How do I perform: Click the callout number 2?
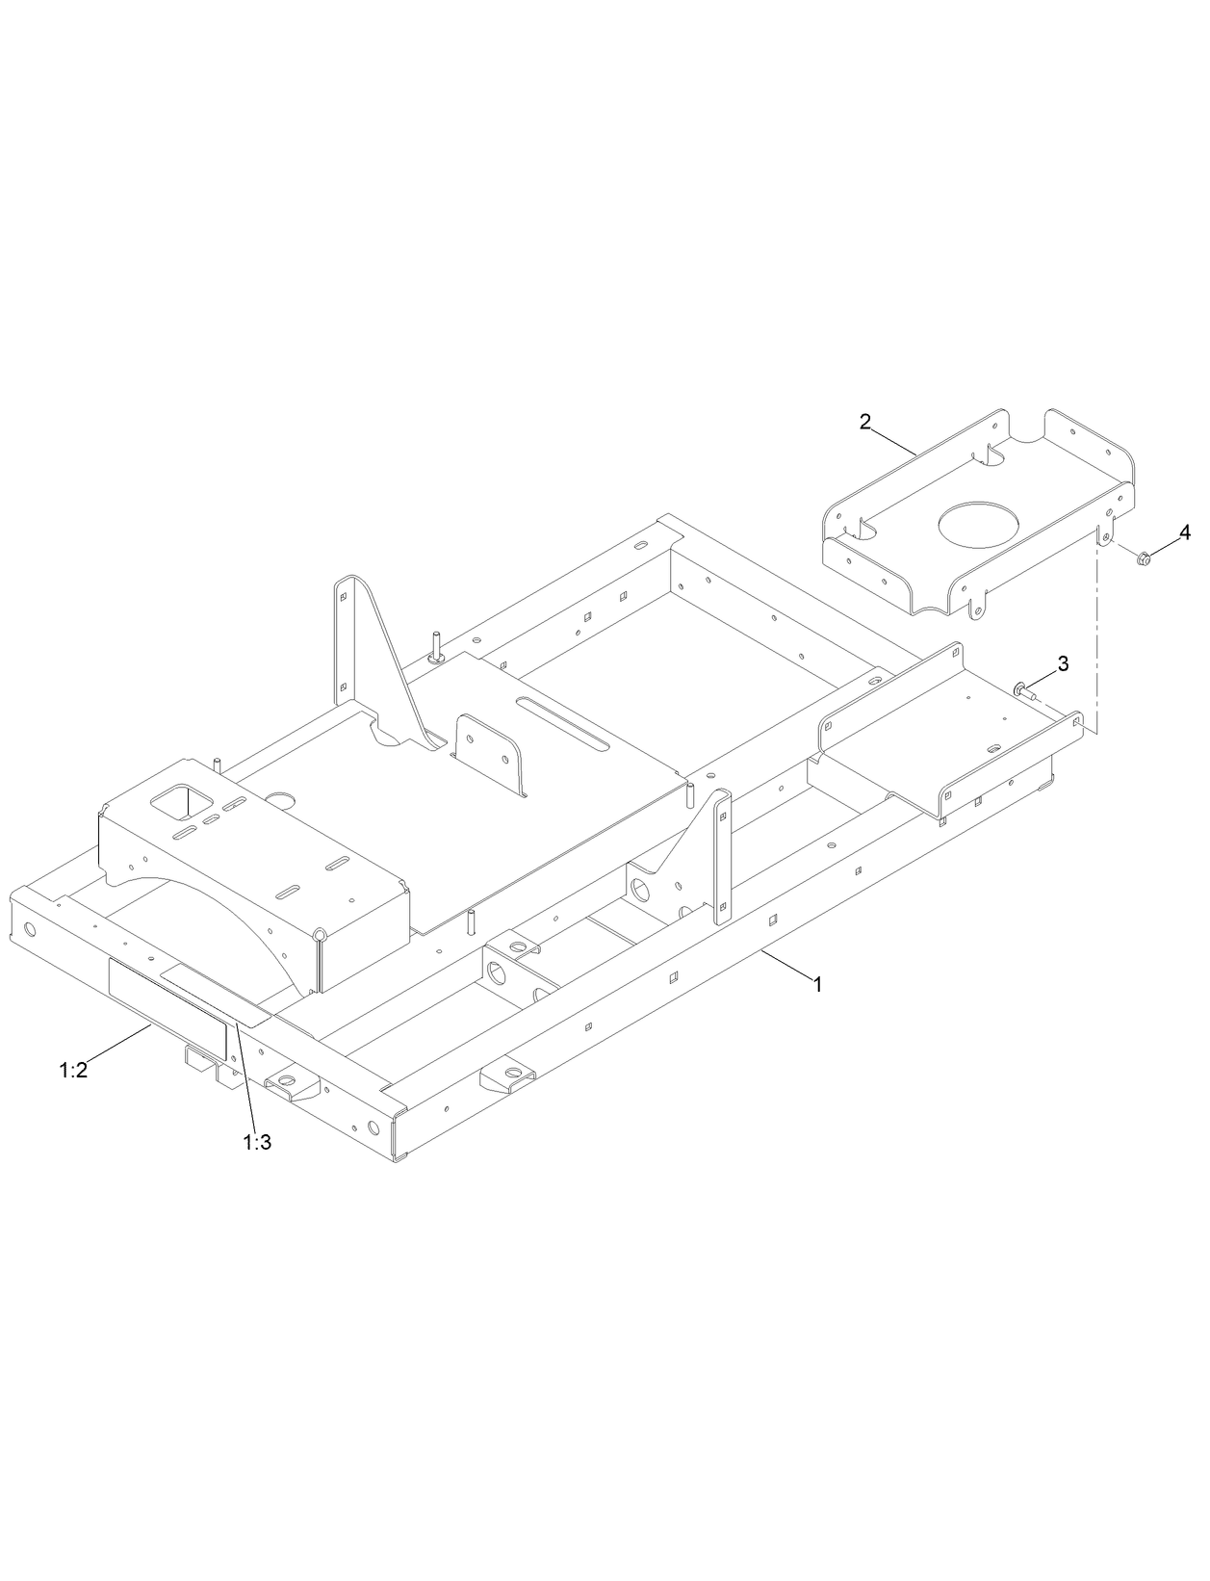click(x=865, y=421)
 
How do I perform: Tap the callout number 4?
click(x=1185, y=531)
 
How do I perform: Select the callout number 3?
click(x=1063, y=662)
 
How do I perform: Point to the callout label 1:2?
click(x=73, y=1070)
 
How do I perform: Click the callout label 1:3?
click(x=258, y=1142)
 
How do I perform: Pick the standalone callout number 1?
click(x=818, y=985)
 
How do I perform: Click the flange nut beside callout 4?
click(x=1143, y=557)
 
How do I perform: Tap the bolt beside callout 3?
click(x=1024, y=689)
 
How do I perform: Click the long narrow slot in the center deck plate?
click(x=561, y=725)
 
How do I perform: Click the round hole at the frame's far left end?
click(x=30, y=931)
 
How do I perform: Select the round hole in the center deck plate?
click(x=283, y=799)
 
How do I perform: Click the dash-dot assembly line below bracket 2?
click(x=1095, y=635)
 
